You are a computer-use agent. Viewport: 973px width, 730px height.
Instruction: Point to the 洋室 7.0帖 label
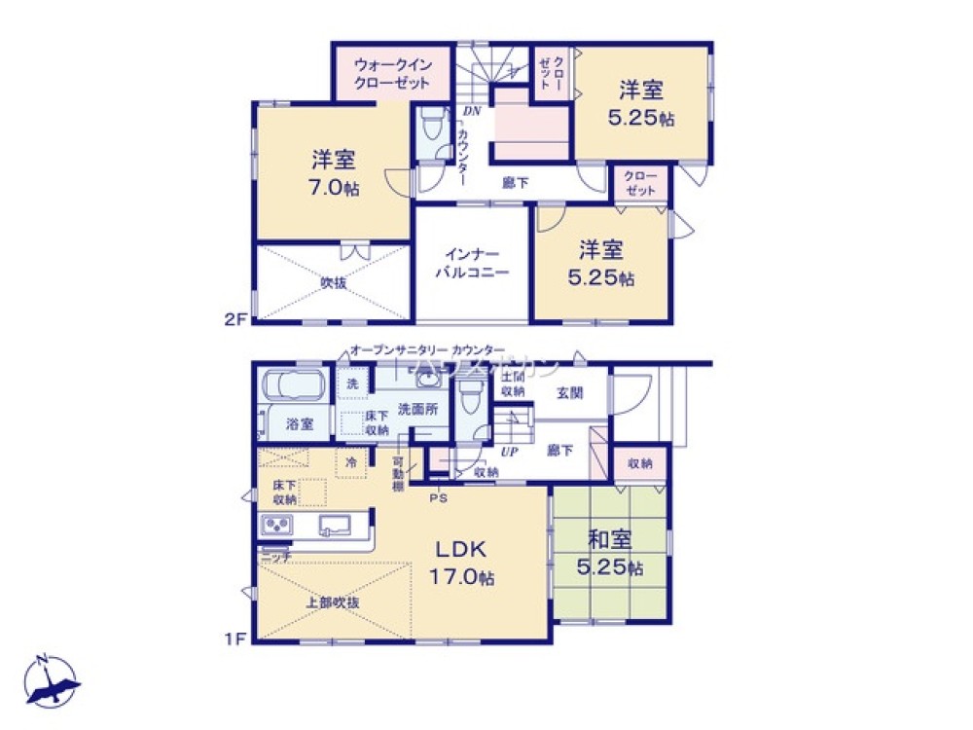click(335, 172)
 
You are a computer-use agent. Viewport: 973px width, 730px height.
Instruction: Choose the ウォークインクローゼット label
click(392, 73)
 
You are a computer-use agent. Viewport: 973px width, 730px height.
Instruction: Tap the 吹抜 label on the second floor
click(334, 283)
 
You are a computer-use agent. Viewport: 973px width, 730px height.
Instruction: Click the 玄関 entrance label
click(570, 393)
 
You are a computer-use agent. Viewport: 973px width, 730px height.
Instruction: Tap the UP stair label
click(508, 453)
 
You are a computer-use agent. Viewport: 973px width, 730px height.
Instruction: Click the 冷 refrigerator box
click(351, 461)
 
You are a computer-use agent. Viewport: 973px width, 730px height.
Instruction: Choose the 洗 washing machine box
click(351, 383)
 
